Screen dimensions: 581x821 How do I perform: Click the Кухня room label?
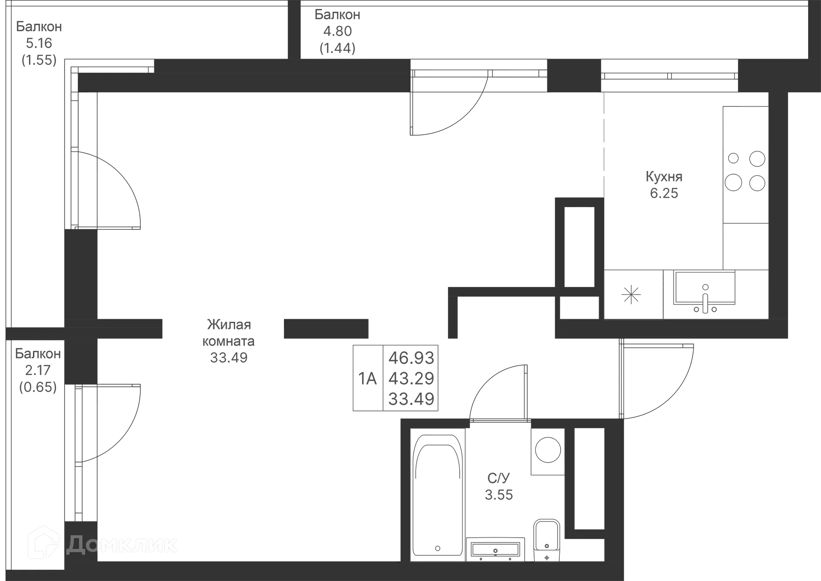point(663,176)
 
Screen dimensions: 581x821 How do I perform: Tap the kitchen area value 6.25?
point(664,193)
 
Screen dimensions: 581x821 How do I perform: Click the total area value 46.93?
point(411,357)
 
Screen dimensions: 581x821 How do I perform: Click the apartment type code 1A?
point(367,379)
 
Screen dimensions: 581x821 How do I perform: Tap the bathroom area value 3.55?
point(499,495)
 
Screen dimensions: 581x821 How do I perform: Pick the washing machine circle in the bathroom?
point(547,450)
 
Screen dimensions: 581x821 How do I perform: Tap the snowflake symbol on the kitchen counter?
point(631,294)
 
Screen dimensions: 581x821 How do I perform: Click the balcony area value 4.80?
point(337,31)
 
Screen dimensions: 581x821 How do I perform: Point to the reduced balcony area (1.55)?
point(39,60)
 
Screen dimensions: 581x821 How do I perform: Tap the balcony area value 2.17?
point(38,370)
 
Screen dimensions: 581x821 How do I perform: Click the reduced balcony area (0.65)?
point(38,387)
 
